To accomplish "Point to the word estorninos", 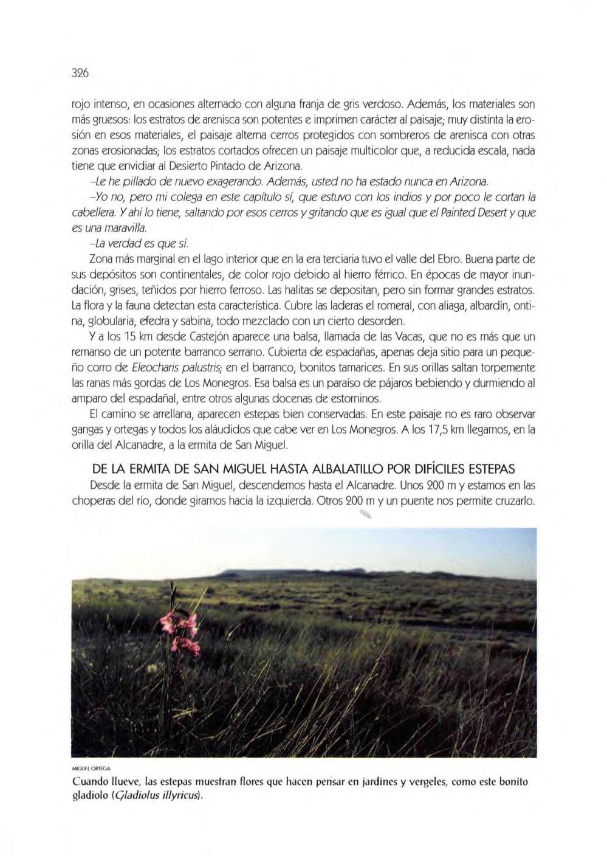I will pos(353,399).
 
